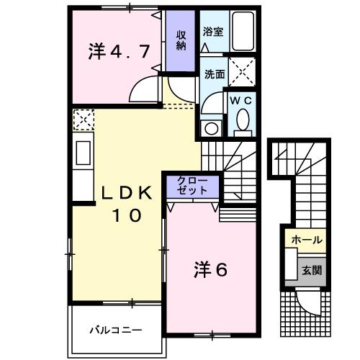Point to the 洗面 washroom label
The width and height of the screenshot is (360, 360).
click(213, 73)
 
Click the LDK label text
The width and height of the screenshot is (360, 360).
click(126, 193)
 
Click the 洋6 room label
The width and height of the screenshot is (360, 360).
click(210, 270)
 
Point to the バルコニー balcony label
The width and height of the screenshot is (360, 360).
click(115, 330)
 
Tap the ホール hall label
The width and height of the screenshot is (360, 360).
click(307, 240)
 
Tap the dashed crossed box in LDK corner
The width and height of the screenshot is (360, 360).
click(82, 118)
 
